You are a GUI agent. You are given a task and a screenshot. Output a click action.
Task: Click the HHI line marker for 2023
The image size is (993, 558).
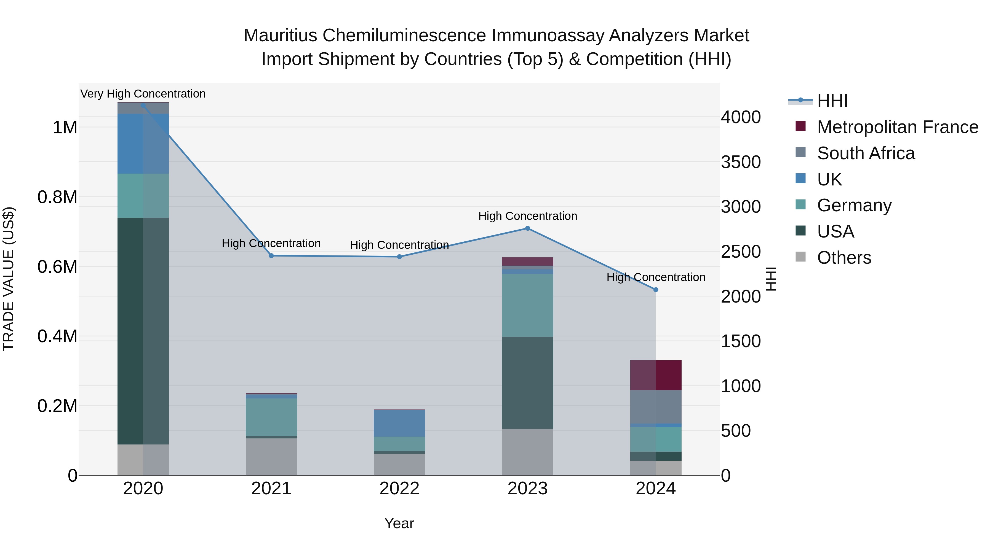[x=527, y=228]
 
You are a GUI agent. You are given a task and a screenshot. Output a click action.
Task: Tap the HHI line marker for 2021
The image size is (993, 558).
[x=271, y=256]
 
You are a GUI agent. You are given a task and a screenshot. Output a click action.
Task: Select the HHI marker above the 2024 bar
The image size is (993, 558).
[x=656, y=290]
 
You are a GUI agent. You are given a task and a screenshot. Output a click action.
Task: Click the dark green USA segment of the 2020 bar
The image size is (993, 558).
[x=143, y=331]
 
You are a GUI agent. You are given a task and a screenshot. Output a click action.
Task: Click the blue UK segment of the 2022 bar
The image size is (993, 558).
[x=399, y=423]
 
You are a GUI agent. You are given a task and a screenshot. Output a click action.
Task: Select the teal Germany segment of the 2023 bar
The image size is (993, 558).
[x=527, y=305]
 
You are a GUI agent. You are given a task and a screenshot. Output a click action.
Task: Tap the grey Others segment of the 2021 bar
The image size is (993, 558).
[x=271, y=456]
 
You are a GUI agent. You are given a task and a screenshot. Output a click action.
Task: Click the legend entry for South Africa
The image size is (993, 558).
[x=865, y=153]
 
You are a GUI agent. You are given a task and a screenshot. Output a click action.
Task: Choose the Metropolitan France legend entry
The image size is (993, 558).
[x=897, y=127]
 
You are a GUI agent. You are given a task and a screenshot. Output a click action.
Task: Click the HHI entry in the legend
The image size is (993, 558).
[x=832, y=101]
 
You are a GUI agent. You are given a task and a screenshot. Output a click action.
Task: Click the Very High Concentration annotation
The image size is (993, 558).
[x=143, y=94]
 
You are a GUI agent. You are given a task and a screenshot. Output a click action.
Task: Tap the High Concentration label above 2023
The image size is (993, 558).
[x=527, y=216]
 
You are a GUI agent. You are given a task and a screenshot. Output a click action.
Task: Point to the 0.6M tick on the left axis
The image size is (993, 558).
[x=57, y=267]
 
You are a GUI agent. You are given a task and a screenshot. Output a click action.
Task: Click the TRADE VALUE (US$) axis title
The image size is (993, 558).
[x=9, y=279]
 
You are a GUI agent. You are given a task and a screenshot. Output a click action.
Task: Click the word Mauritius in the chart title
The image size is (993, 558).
[x=280, y=36]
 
